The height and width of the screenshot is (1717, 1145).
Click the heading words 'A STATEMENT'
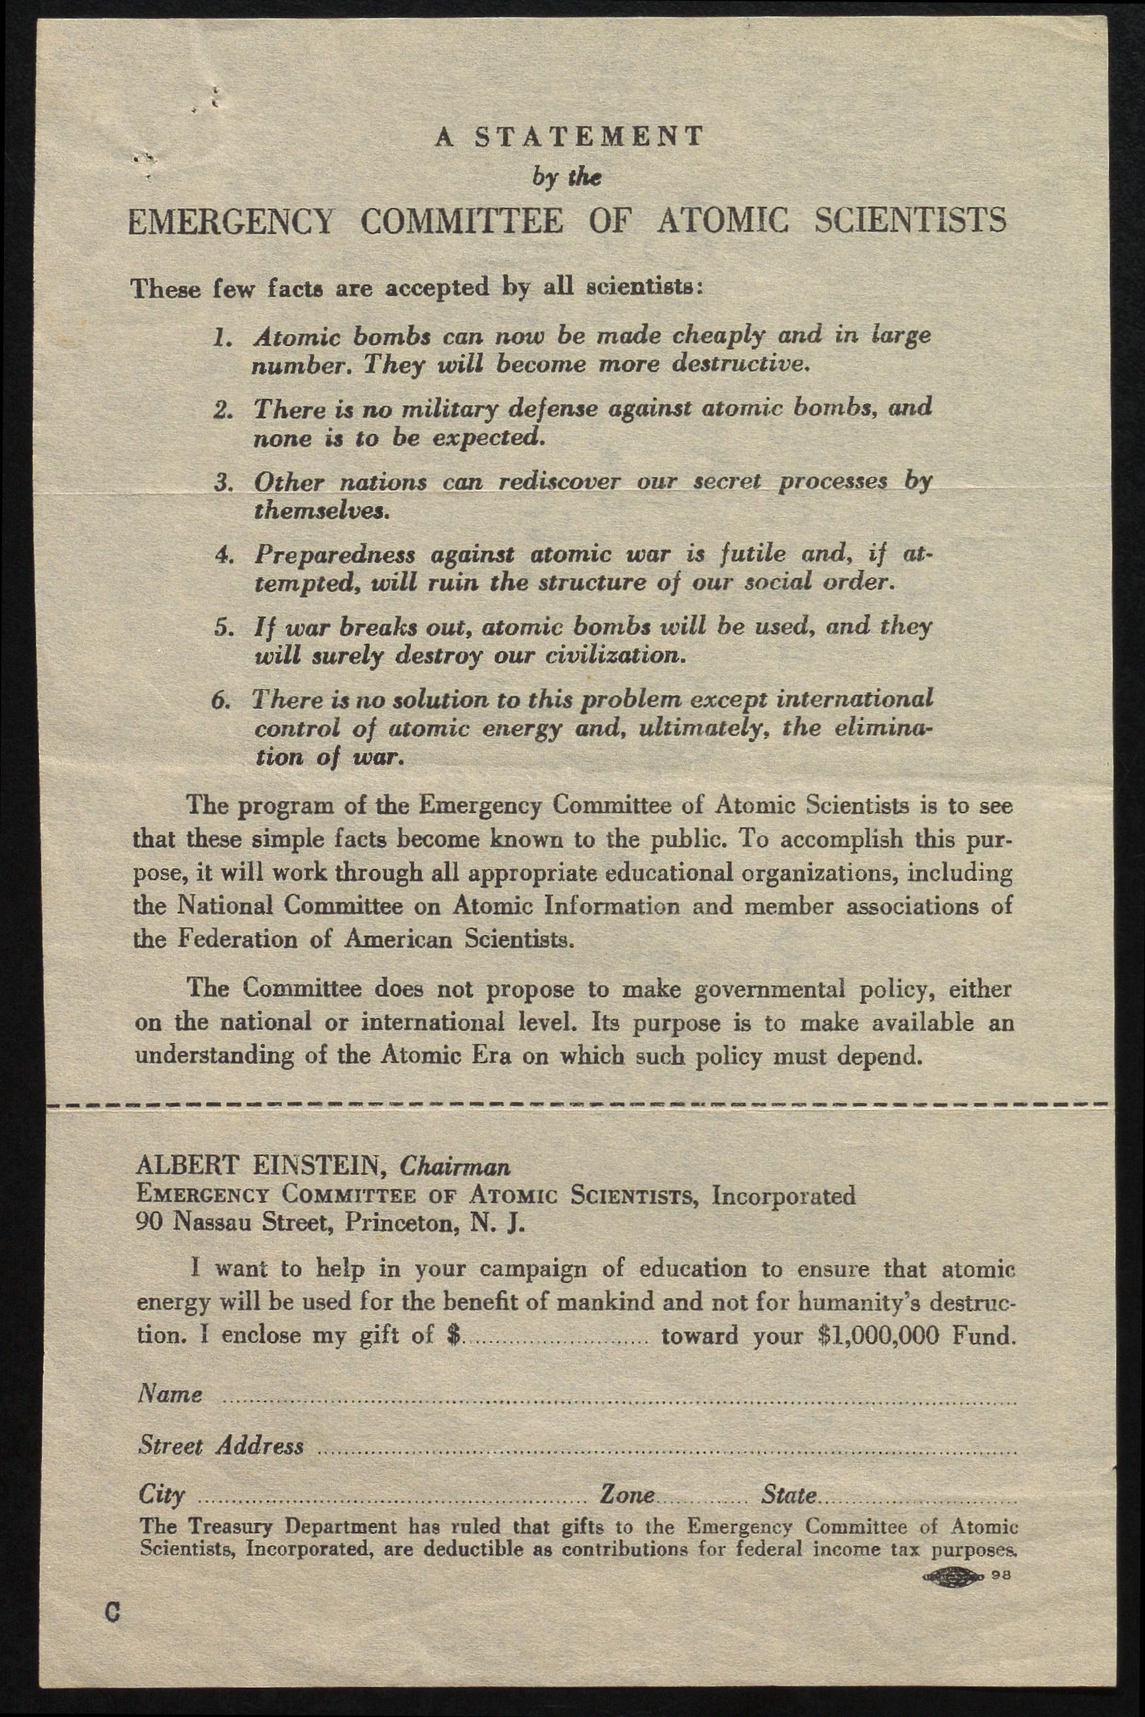570,137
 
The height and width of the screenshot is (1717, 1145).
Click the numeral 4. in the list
224,556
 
